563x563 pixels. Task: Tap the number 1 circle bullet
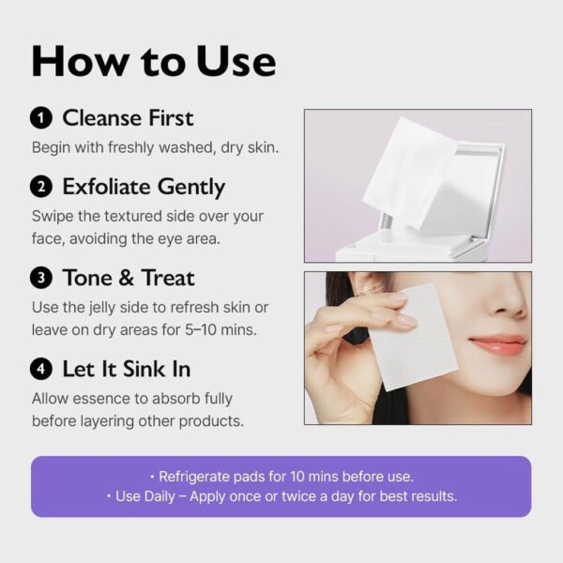pyautogui.click(x=41, y=118)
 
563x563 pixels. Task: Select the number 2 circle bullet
pyautogui.click(x=41, y=187)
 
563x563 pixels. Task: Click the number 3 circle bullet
pyautogui.click(x=41, y=278)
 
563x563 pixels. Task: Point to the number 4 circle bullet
pyautogui.click(x=41, y=369)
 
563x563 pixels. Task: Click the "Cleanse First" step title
pyautogui.click(x=128, y=118)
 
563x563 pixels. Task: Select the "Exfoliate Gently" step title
pyautogui.click(x=144, y=187)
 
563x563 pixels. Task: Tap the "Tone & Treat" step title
pyautogui.click(x=129, y=278)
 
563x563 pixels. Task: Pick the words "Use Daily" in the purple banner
pyautogui.click(x=150, y=496)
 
